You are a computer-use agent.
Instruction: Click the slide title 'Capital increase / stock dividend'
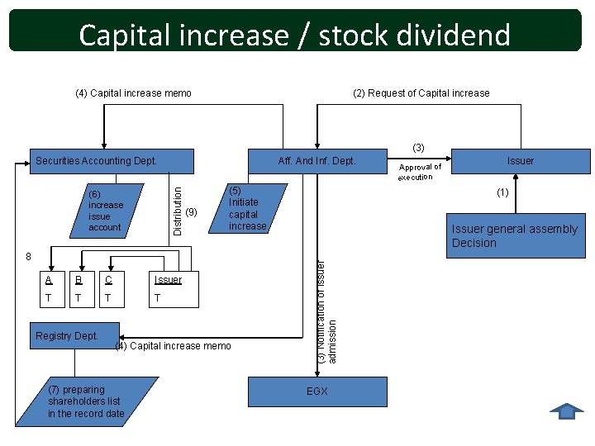(x=295, y=35)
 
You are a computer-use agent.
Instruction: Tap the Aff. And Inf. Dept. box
(x=317, y=160)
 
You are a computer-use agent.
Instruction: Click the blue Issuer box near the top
(x=521, y=160)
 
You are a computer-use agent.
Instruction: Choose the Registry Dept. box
(x=68, y=336)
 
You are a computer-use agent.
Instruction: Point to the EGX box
(x=317, y=391)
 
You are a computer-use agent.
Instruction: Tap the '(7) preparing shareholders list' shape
(x=87, y=401)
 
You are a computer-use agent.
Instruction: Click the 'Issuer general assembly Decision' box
(x=514, y=235)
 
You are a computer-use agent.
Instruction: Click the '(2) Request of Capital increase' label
(x=421, y=93)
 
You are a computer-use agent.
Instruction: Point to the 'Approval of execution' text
(x=419, y=172)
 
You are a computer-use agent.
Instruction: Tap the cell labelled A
(x=50, y=279)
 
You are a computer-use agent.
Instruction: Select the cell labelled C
(x=107, y=279)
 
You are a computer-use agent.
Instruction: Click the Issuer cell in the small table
(x=169, y=279)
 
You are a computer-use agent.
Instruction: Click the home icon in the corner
(x=566, y=411)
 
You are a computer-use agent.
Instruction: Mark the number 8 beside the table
(x=28, y=257)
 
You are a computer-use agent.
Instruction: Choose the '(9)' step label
(x=192, y=212)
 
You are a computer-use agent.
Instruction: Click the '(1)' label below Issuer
(x=502, y=193)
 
